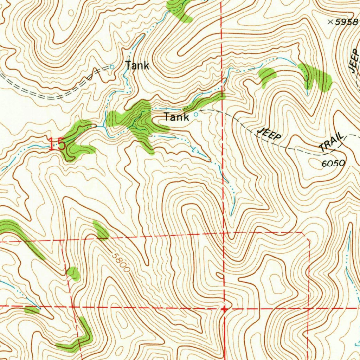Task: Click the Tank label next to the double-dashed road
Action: click(x=137, y=66)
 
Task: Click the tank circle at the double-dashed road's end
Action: click(x=112, y=67)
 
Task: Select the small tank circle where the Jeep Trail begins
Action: click(x=196, y=115)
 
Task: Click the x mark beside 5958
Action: click(x=330, y=22)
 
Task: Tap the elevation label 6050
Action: click(x=333, y=163)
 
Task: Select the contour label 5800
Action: click(x=120, y=262)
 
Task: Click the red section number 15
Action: click(x=57, y=144)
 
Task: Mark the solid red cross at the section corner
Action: click(x=224, y=309)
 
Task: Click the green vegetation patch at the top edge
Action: click(x=179, y=9)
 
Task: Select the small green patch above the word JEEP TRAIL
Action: click(x=267, y=75)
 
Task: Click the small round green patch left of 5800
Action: click(x=73, y=274)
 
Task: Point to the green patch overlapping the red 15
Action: click(x=76, y=141)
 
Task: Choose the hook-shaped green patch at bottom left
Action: click(x=79, y=339)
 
